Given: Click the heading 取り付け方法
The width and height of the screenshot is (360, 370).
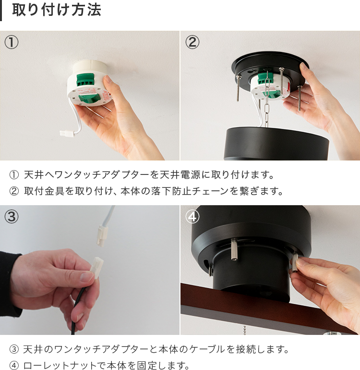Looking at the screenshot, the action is [57, 10].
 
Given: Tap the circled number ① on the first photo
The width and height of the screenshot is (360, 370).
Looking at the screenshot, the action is [12, 42].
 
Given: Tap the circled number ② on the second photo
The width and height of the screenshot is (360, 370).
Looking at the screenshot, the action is [192, 42].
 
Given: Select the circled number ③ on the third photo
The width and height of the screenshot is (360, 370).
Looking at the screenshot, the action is [12, 217].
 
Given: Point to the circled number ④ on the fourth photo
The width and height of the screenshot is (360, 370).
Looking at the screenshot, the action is [192, 217].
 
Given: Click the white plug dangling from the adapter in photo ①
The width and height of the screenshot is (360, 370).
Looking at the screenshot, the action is [67, 133].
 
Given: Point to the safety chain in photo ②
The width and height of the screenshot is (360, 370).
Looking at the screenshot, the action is [267, 99].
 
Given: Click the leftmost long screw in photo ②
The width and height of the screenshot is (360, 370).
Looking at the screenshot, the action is [238, 88].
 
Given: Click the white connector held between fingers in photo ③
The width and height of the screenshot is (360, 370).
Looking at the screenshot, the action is [97, 267].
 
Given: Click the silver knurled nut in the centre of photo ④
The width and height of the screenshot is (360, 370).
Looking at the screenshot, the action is [234, 249].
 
